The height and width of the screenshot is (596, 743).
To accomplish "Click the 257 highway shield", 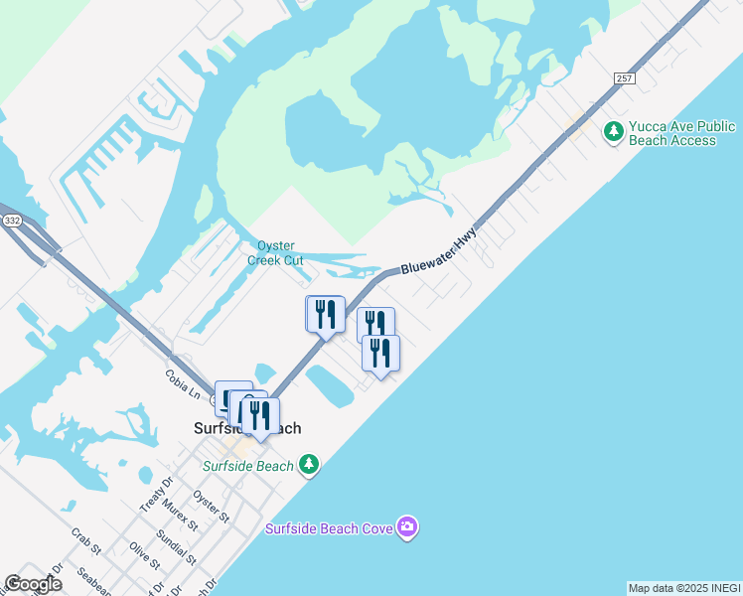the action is pos(624,79).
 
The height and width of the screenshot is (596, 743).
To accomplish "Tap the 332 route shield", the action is pos(11,221).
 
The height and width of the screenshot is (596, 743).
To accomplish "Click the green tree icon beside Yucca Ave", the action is pos(614,130).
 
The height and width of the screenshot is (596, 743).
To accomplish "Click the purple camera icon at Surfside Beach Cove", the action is pos(406,526).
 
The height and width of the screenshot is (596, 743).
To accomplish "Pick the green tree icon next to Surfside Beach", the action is pos(309,464).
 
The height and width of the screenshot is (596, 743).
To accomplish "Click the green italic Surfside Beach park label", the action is pos(248,466).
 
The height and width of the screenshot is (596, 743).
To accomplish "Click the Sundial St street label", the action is pos(177,543).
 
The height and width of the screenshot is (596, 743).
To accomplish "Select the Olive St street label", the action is pos(145,555).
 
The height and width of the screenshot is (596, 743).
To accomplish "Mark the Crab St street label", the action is pos(85,541).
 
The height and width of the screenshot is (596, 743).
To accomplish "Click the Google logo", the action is pos(33,584).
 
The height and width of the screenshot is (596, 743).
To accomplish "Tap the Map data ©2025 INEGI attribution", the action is pos(684,588).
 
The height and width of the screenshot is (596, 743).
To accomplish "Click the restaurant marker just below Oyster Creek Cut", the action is pos(325,315).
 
